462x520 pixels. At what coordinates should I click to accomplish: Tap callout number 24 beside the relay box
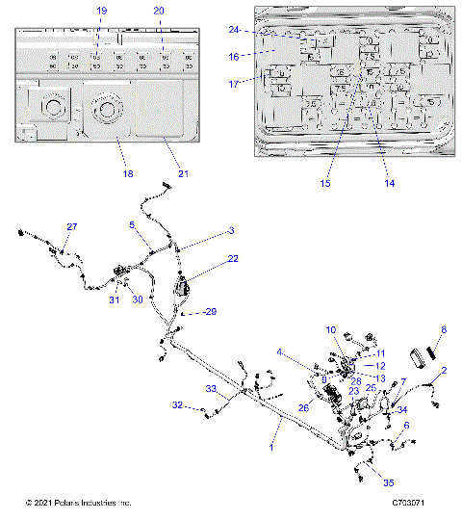point(234,31)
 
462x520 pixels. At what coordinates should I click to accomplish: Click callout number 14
point(390,182)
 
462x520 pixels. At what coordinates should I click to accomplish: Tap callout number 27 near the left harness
point(70,226)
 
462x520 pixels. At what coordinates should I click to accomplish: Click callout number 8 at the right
point(443,330)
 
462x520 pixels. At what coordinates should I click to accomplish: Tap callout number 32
point(178,406)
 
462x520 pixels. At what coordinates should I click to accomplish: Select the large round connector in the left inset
point(103,117)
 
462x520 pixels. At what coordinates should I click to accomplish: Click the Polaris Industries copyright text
point(78,504)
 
